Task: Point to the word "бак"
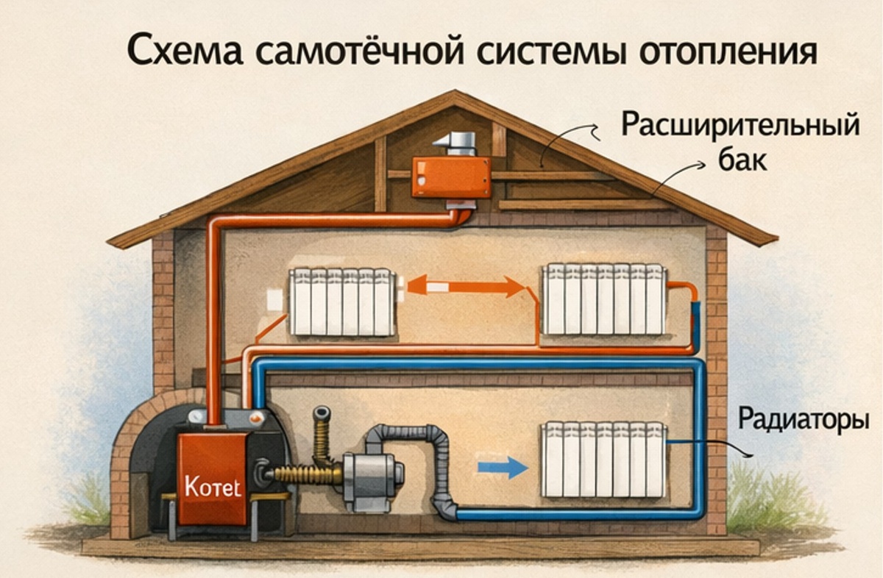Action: click(740, 160)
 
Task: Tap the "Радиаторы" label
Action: click(803, 422)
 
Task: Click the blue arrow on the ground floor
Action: click(503, 468)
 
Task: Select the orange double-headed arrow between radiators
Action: click(466, 285)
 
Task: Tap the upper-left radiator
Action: click(342, 302)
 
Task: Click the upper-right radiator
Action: click(604, 299)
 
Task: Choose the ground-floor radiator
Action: click(604, 459)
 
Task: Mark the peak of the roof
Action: click(453, 95)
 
